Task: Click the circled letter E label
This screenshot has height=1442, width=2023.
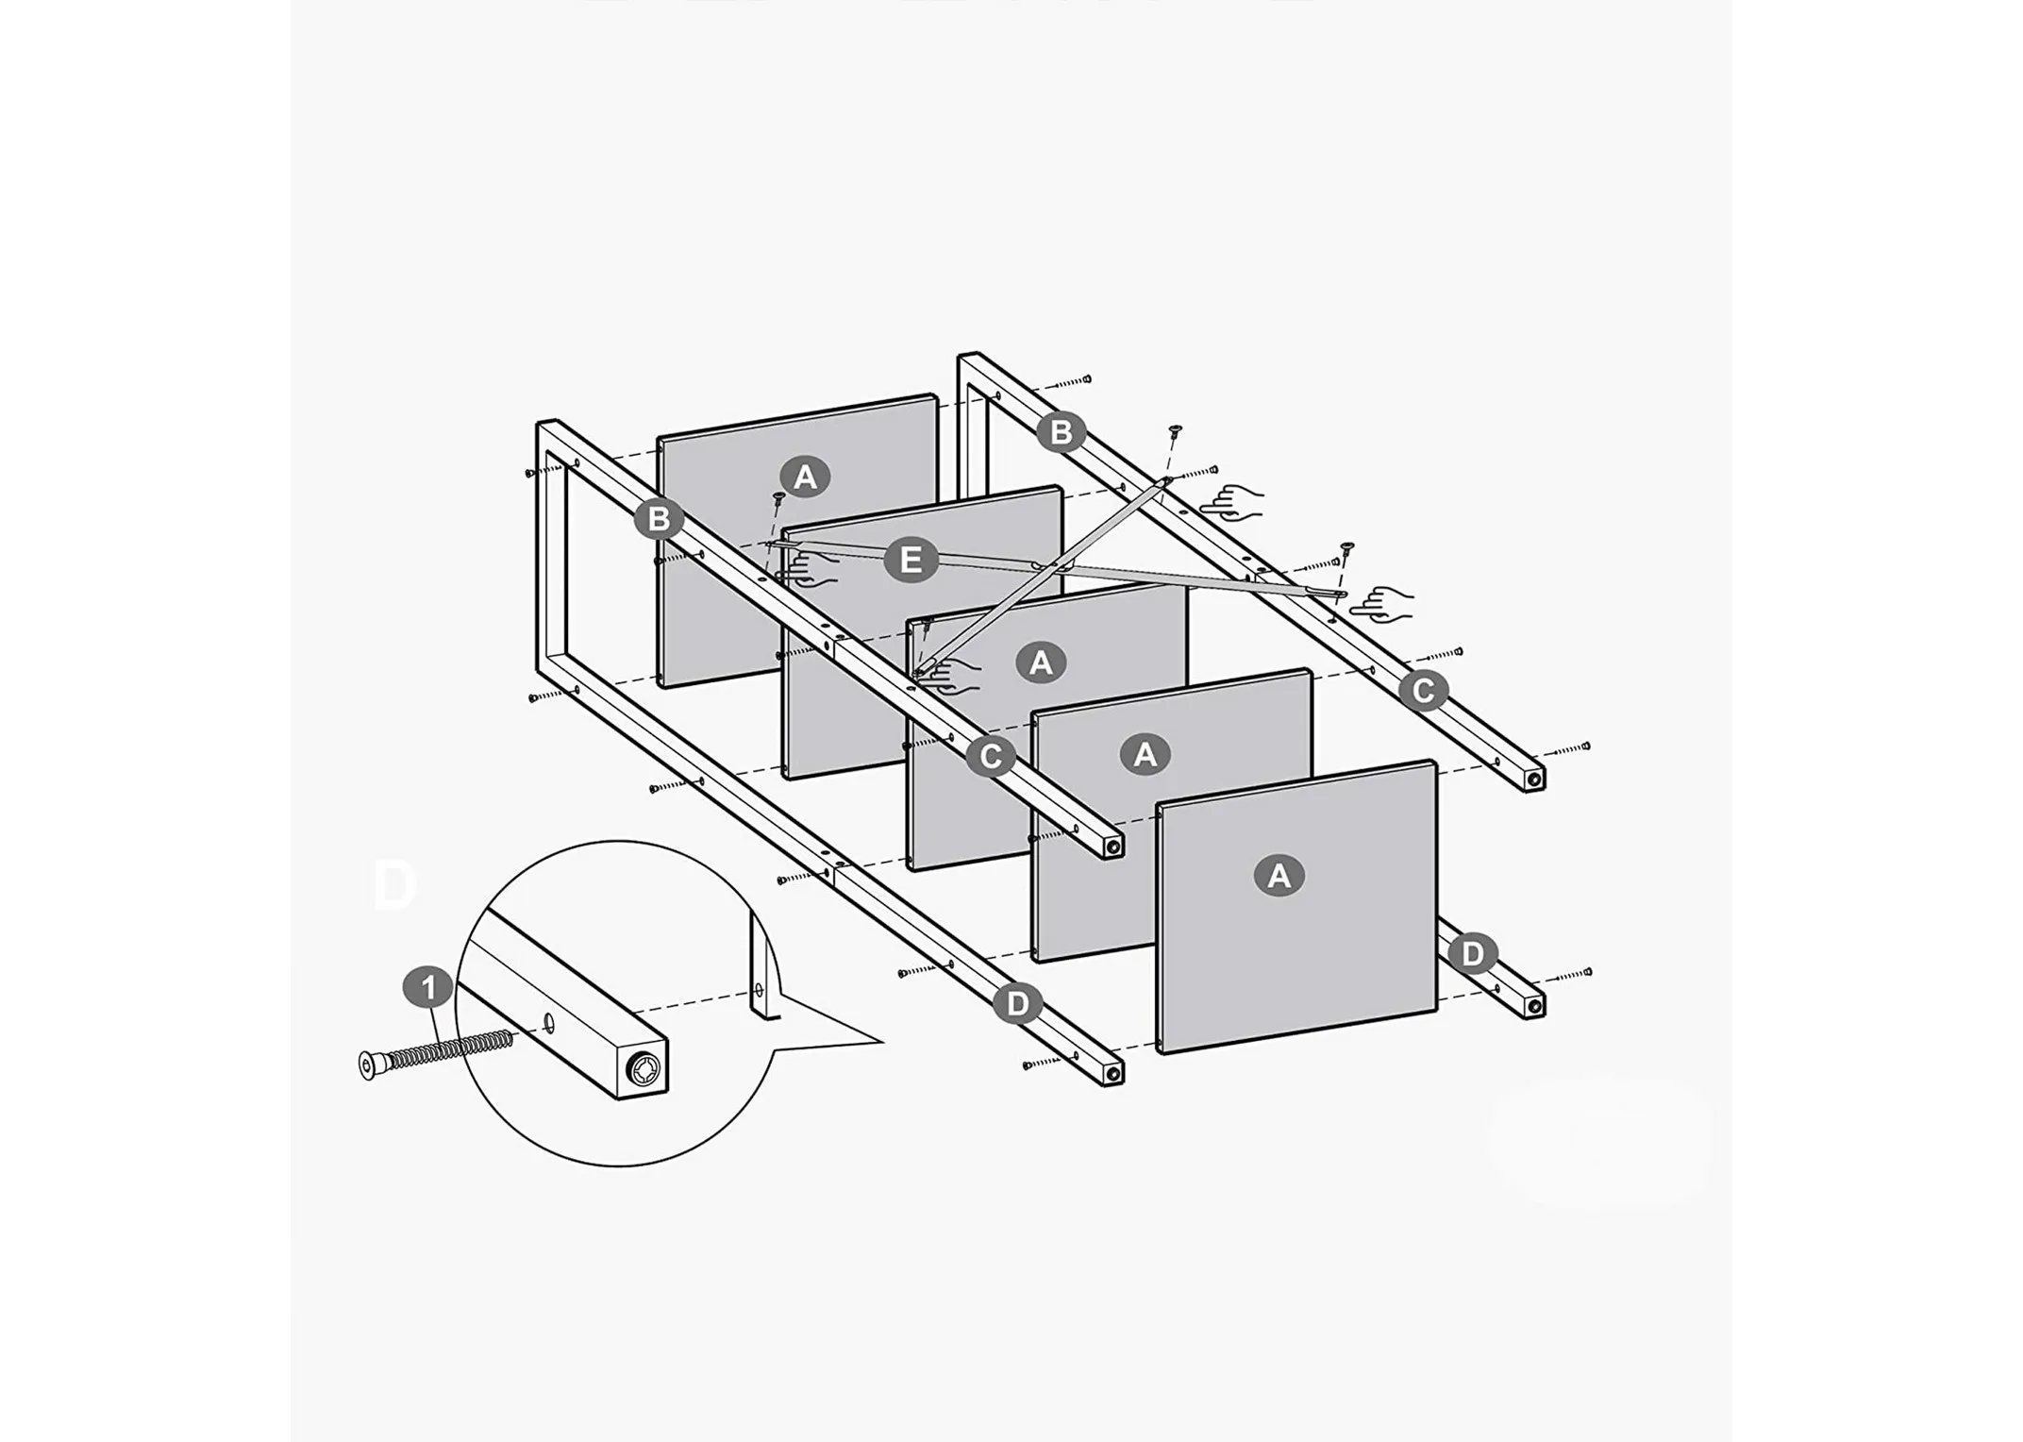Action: point(911,561)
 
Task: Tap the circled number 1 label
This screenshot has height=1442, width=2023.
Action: point(429,988)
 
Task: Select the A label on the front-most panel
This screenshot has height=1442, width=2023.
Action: point(1279,876)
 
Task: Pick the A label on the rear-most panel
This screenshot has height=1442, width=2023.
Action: point(805,477)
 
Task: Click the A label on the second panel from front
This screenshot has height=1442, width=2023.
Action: point(1145,754)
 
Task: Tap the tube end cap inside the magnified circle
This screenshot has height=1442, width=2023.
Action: point(644,1069)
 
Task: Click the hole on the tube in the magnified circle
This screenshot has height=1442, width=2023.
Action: point(549,1023)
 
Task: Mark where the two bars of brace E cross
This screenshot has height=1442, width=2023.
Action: point(1052,567)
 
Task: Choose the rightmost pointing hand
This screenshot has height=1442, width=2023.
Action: point(1384,603)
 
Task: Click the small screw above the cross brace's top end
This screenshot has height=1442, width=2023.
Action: point(1174,431)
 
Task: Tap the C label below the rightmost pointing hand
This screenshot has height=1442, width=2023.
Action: point(1422,691)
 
